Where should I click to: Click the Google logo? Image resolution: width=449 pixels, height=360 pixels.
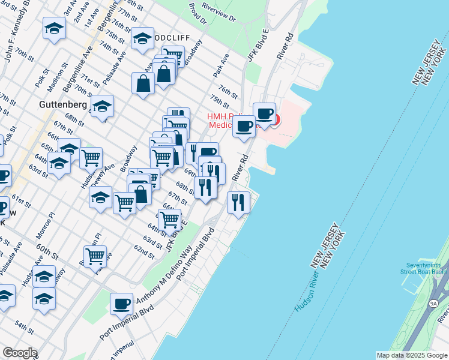(x=19, y=353)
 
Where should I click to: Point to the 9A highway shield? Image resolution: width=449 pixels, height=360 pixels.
(x=433, y=304)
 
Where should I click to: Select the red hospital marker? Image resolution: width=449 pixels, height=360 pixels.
(x=275, y=119)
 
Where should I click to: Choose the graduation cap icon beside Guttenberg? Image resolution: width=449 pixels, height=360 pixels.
(x=103, y=106)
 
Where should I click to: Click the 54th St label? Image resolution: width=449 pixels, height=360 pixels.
(x=25, y=328)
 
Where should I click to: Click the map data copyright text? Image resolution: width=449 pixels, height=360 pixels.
(x=412, y=355)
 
